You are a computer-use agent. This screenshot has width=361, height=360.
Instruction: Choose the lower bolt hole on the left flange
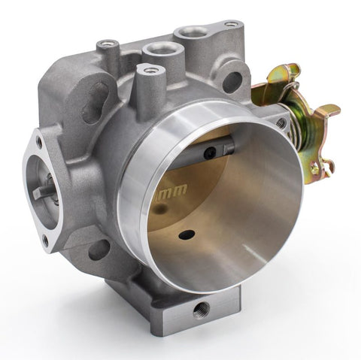coord(46,241)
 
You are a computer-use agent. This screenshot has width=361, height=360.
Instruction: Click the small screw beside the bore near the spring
coord(281,123)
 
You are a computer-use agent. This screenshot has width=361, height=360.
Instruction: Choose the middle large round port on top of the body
coord(159,51)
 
